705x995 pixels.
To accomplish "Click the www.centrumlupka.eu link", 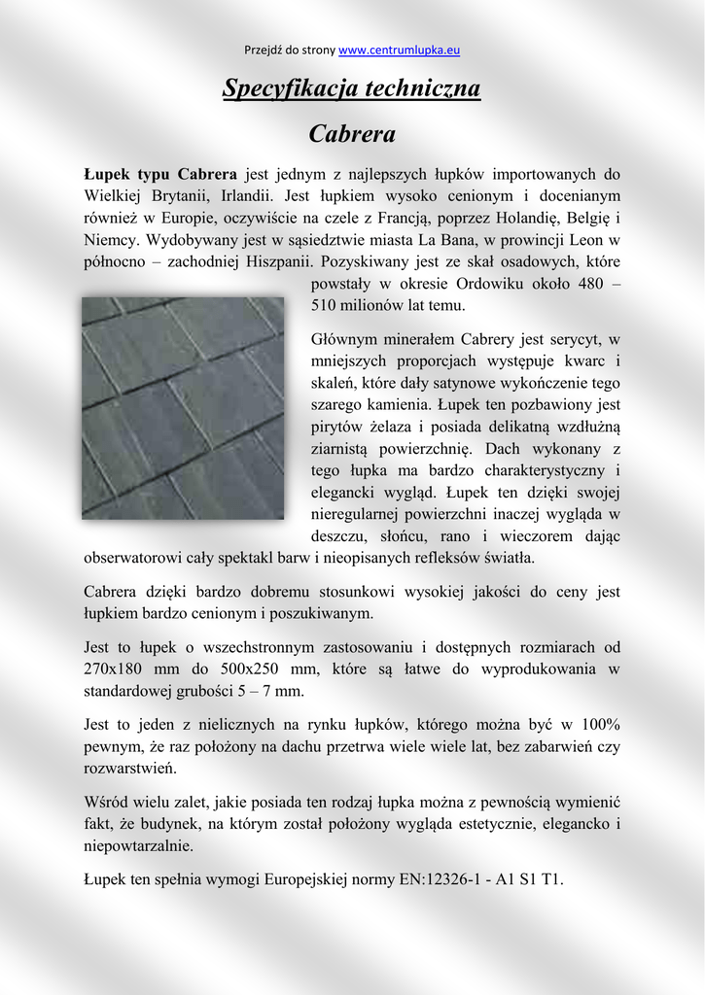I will click(x=399, y=50).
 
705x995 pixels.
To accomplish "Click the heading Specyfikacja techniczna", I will click(x=352, y=88).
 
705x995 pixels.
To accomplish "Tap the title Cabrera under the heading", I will click(x=352, y=133).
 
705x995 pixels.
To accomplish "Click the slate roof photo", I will click(x=183, y=408).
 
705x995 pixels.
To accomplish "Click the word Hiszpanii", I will click(x=276, y=261).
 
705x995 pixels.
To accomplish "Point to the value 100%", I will click(x=600, y=724).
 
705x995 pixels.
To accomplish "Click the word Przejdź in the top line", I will click(x=262, y=50).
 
